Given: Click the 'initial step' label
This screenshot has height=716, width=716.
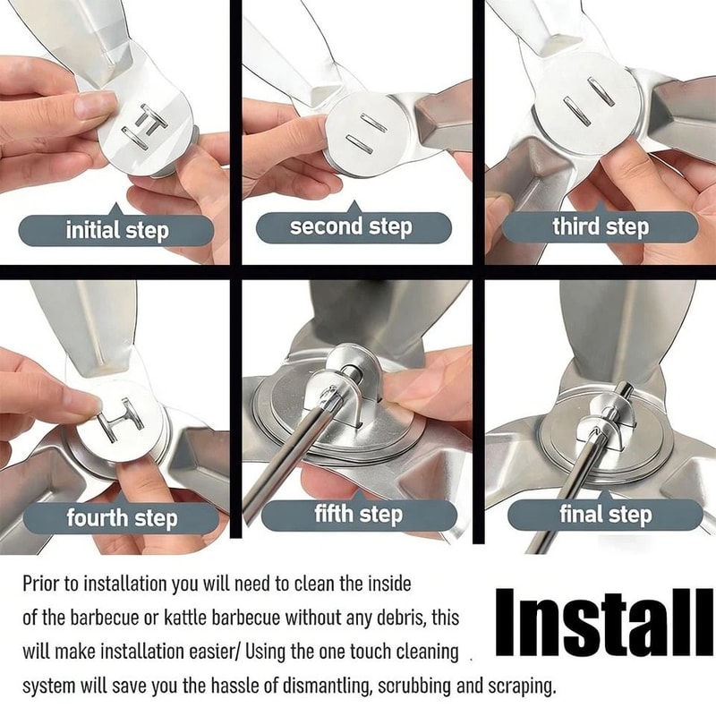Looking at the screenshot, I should (x=116, y=231).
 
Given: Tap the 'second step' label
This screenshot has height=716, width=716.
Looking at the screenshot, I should (x=351, y=227).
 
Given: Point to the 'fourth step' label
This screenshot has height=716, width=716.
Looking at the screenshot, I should (x=122, y=517).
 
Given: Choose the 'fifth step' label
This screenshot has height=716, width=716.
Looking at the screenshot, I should (x=358, y=515).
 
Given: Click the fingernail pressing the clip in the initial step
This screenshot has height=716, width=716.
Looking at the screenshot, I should (x=97, y=105).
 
